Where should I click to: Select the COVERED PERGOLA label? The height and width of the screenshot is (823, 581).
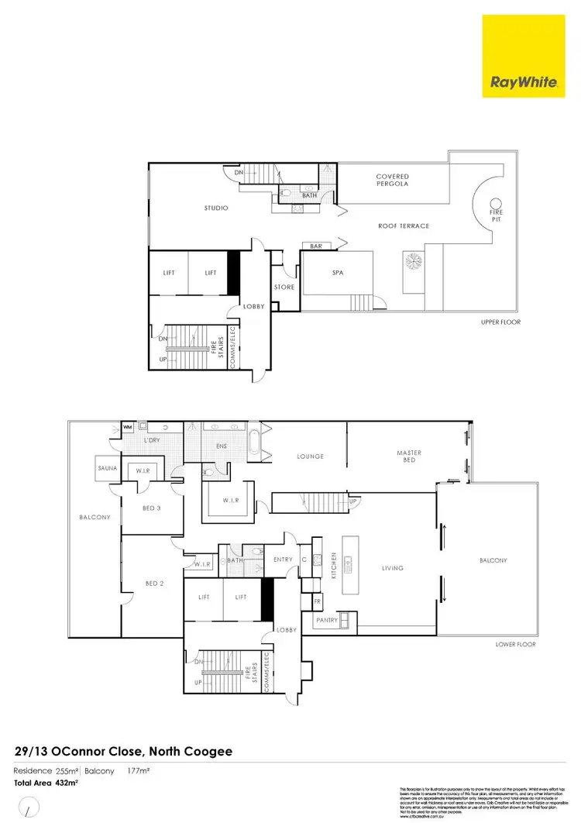point(393,181)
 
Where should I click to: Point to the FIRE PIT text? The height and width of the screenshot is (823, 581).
point(496,215)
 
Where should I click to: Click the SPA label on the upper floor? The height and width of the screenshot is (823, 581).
point(338,274)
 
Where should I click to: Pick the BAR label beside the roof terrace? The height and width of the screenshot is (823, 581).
point(316,246)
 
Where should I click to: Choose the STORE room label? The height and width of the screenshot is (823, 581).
point(284,288)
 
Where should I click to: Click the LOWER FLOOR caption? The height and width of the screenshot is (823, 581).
point(515,644)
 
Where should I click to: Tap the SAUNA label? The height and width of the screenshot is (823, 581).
point(107,469)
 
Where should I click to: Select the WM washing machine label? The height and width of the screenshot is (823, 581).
point(127,427)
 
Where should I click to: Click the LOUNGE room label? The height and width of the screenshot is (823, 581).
point(310,456)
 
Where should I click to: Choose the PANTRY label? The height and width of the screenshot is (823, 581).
point(326,621)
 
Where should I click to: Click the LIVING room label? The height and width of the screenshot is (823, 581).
point(393,568)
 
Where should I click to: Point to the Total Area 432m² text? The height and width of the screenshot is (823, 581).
point(46,783)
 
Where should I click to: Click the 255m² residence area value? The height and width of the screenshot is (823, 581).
point(66,771)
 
